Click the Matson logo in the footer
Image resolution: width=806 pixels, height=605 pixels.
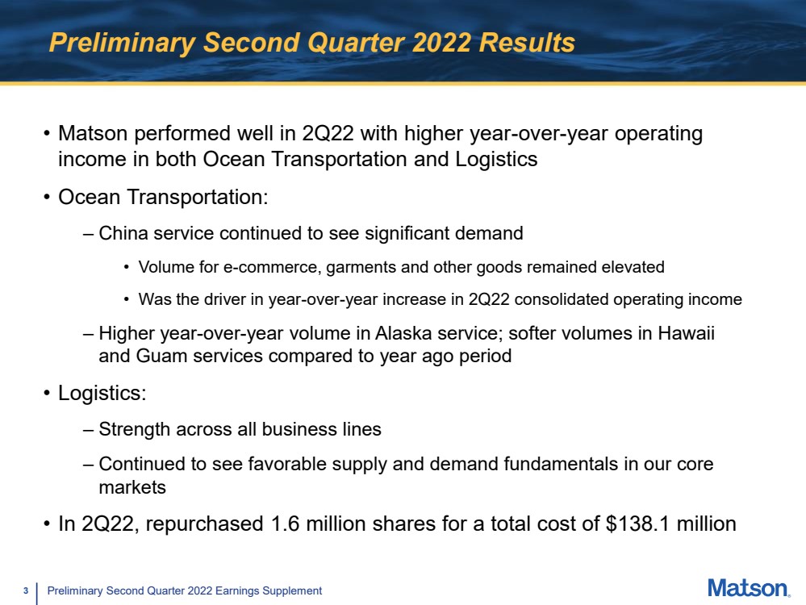point(749,588)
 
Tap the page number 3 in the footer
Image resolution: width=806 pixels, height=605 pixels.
point(25,591)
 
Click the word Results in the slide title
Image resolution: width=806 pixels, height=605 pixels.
point(527,42)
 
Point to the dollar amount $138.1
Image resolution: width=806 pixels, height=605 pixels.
point(638,524)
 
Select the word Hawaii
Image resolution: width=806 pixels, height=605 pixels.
point(687,333)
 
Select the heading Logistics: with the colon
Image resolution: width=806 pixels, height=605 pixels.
point(102,393)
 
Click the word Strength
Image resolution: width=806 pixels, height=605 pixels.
point(135,430)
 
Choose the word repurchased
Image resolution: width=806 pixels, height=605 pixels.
point(205,524)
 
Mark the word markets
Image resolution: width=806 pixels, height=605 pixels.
point(132,487)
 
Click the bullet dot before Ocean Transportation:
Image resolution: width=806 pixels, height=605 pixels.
point(47,198)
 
